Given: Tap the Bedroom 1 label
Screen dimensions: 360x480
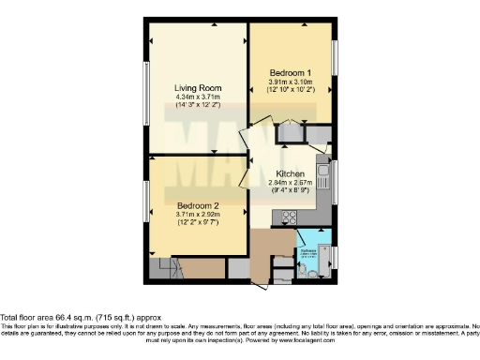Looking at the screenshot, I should pyautogui.click(x=291, y=73).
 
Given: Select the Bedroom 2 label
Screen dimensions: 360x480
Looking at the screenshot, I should pyautogui.click(x=197, y=204).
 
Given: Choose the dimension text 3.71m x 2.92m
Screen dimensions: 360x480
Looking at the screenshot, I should pyautogui.click(x=197, y=214).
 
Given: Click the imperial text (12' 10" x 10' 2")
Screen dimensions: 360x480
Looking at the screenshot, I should pyautogui.click(x=291, y=90).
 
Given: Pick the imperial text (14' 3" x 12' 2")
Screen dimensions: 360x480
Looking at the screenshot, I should pyautogui.click(x=196, y=105).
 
